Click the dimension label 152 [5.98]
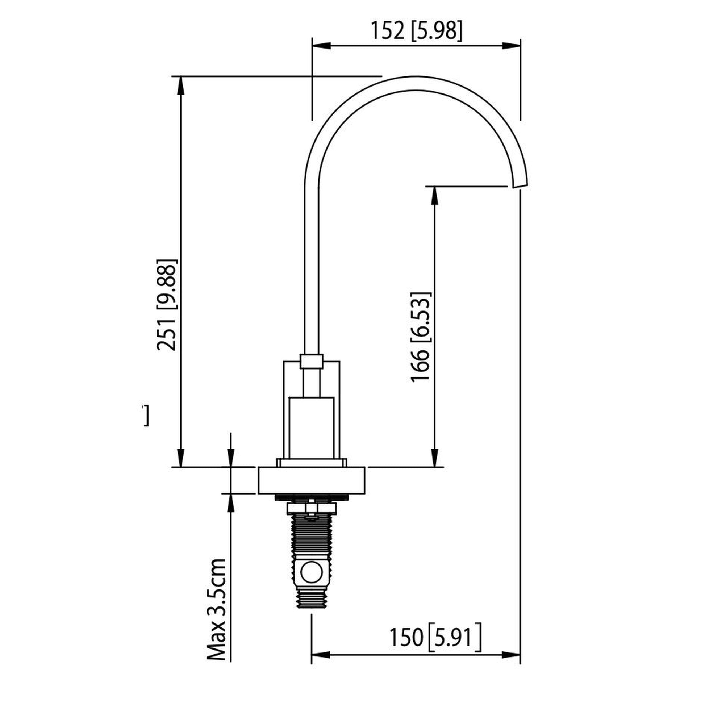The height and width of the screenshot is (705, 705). pyautogui.click(x=416, y=31)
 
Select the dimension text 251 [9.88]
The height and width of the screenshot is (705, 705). pyautogui.click(x=167, y=305)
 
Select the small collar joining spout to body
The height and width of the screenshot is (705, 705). pyautogui.click(x=311, y=361)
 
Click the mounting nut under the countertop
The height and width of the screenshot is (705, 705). pyautogui.click(x=311, y=508)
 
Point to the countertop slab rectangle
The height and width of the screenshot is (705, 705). pyautogui.click(x=311, y=480)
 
